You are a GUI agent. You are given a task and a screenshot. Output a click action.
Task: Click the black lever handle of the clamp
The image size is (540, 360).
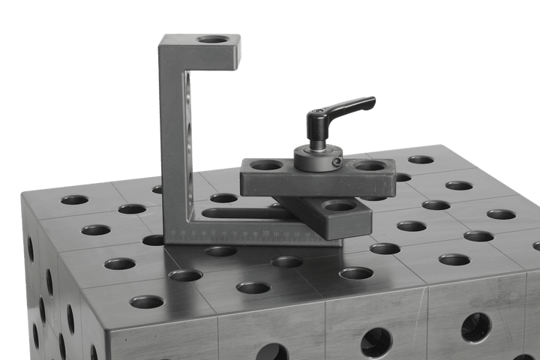click(x=349, y=106)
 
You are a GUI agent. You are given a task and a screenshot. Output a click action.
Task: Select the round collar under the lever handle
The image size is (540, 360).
click(x=316, y=157)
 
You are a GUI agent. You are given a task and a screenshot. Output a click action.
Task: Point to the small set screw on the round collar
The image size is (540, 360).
click(x=337, y=161)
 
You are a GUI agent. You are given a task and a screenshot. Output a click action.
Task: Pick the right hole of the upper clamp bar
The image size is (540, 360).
click(x=370, y=164)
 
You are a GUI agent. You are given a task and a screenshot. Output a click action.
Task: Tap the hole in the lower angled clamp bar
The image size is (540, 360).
click(x=338, y=205)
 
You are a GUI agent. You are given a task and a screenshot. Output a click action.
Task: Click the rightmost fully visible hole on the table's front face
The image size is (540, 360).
click(x=475, y=327)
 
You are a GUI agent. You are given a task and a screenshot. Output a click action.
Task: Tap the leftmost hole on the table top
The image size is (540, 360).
click(x=74, y=200)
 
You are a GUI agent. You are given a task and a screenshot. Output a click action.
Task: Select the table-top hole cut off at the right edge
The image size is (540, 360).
click(x=534, y=245)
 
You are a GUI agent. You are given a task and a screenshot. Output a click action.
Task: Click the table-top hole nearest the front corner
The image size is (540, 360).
click(x=146, y=302)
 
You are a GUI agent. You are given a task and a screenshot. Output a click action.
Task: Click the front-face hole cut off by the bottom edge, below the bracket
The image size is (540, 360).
click(x=271, y=352)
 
